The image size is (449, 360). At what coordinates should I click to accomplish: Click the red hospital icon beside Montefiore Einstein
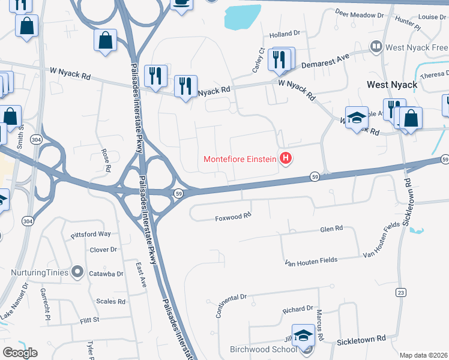click(x=286, y=159)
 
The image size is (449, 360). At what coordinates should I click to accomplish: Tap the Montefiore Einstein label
click(x=240, y=159)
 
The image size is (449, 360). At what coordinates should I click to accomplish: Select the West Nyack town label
click(x=392, y=85)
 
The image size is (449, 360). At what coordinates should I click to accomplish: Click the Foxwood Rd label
click(x=233, y=218)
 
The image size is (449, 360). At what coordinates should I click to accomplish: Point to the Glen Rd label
click(x=331, y=229)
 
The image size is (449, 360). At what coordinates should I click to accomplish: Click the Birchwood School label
click(x=264, y=349)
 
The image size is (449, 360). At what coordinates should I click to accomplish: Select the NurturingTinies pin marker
click(x=77, y=272)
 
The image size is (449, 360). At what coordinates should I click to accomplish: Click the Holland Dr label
click(x=284, y=34)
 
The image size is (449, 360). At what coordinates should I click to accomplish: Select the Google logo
click(x=20, y=353)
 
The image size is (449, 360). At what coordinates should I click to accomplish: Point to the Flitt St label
click(x=89, y=320)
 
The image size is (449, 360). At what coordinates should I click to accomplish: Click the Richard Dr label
click(x=298, y=310)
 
